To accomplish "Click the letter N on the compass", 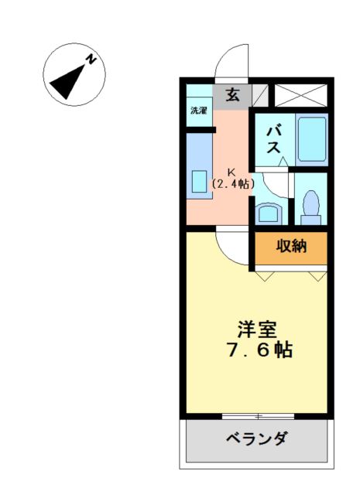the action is pyautogui.click(x=91, y=60).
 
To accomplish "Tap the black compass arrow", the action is pyautogui.click(x=68, y=82).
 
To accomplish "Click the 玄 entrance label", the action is pyautogui.click(x=232, y=94).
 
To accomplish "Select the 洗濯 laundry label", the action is pyautogui.click(x=199, y=111).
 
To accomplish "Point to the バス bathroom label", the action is pyautogui.click(x=273, y=140).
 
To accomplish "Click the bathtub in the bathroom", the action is pyautogui.click(x=312, y=139).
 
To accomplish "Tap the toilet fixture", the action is pyautogui.click(x=311, y=208).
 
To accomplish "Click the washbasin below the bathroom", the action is pyautogui.click(x=268, y=214).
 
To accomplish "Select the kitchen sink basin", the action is pyautogui.click(x=200, y=182).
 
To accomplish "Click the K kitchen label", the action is pyautogui.click(x=231, y=172).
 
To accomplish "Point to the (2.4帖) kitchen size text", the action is pyautogui.click(x=232, y=184).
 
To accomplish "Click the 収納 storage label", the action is pyautogui.click(x=291, y=246).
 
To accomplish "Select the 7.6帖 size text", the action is pyautogui.click(x=260, y=350).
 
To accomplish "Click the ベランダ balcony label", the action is pyautogui.click(x=257, y=439).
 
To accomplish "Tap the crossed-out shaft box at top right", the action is pyautogui.click(x=300, y=95).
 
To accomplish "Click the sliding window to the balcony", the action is pyautogui.click(x=259, y=416).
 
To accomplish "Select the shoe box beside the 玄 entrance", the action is pyautogui.click(x=260, y=95).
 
